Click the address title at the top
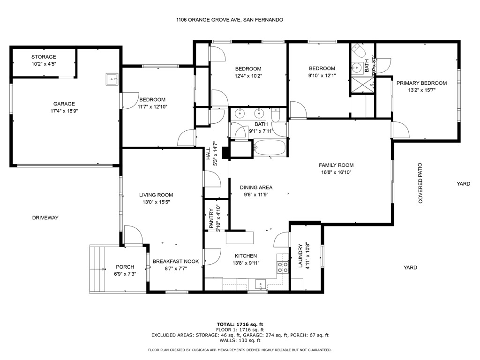point(230,20)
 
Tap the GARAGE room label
point(64,104)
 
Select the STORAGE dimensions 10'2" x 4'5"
point(44,64)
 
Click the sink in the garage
point(112,79)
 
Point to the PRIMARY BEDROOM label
point(421,83)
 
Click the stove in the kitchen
point(283,267)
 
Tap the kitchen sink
point(261,285)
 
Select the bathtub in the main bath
point(270,148)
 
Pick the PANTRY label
point(211,218)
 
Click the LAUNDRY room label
point(300,255)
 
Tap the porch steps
point(97,269)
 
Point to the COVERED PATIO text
point(420,183)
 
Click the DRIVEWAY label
point(45,217)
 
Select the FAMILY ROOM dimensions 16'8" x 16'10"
point(336,172)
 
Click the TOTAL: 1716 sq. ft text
point(240,324)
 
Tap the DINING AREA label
point(256,187)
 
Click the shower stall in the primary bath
point(362,85)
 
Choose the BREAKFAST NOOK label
point(176,262)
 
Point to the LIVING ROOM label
point(156,195)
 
